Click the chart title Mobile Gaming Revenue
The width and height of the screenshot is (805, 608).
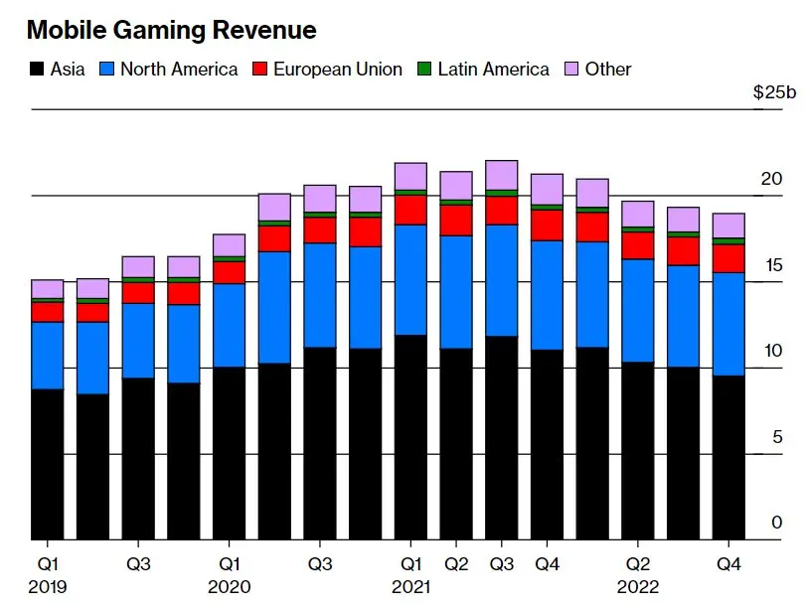(171, 31)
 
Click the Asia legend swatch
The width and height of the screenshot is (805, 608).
(37, 70)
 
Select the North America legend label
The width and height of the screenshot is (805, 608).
(179, 70)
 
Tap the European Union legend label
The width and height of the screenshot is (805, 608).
(338, 70)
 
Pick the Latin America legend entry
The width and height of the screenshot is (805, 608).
(493, 70)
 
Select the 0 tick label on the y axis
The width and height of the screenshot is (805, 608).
(777, 523)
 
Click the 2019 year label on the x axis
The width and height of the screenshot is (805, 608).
(48, 586)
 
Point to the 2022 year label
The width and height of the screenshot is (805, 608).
(638, 586)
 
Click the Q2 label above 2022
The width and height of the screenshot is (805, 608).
(638, 564)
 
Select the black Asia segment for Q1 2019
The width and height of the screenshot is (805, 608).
(48, 464)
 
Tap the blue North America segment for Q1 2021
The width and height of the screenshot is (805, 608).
(410, 279)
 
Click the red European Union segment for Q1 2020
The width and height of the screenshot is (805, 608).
(230, 272)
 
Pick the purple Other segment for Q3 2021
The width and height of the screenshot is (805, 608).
(502, 175)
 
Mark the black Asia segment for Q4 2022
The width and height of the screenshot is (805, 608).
(728, 457)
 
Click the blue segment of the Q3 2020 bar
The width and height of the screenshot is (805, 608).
(320, 295)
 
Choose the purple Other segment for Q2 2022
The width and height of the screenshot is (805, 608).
(638, 214)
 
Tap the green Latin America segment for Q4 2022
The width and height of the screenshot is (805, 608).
(728, 241)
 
